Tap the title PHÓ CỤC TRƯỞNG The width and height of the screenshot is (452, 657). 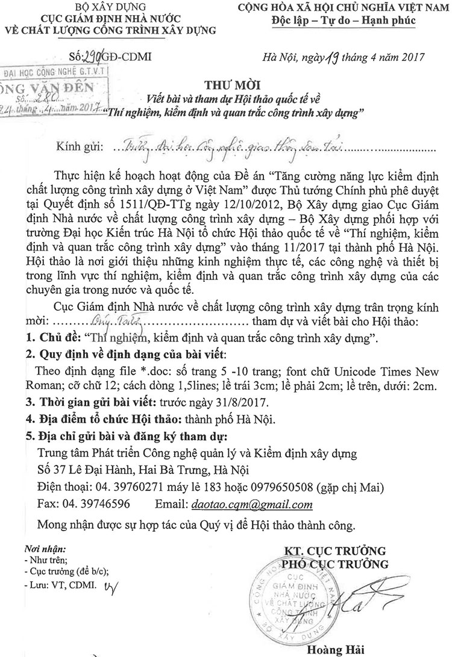pyautogui.click(x=337, y=564)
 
